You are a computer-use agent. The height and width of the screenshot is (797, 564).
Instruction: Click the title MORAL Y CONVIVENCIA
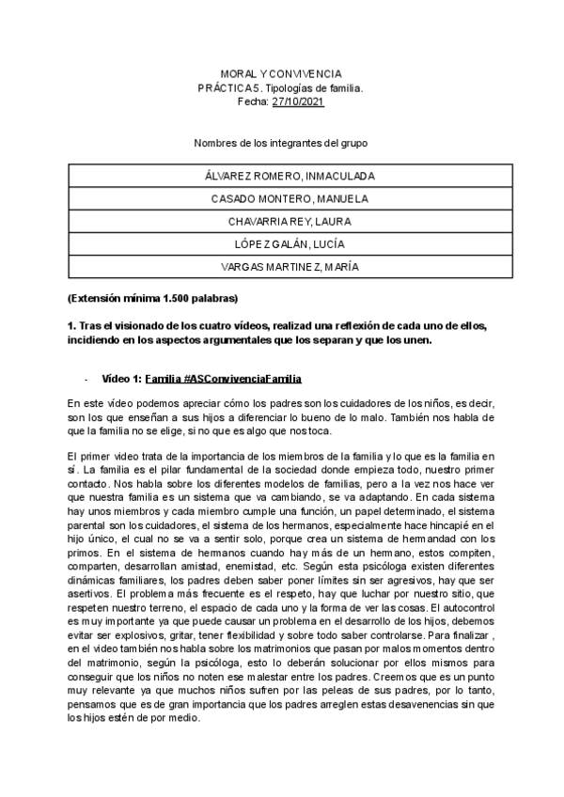[x=281, y=73]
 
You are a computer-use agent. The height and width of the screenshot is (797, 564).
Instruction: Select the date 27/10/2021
[x=297, y=102]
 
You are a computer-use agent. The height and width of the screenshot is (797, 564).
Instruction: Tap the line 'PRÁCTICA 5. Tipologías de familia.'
[x=281, y=87]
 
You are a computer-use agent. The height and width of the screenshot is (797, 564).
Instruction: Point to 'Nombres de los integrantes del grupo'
[x=281, y=143]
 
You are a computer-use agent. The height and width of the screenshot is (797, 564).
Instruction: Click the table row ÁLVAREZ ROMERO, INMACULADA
[x=290, y=176]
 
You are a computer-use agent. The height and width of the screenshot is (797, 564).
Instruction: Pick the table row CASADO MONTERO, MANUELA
[x=290, y=198]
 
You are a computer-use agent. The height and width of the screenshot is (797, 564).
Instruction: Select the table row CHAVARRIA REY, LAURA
[x=290, y=221]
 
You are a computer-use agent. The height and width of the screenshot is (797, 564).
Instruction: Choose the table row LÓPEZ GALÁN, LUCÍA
[x=290, y=243]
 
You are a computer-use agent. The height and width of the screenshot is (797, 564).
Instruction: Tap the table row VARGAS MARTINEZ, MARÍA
[x=290, y=266]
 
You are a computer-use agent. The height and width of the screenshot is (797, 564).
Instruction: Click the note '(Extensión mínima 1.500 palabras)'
[x=153, y=299]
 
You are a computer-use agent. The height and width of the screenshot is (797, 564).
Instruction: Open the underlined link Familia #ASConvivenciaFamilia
[x=223, y=379]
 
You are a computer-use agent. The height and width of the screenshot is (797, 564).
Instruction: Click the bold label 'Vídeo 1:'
[x=122, y=379]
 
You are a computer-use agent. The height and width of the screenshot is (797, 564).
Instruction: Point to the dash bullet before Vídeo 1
[x=86, y=379]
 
